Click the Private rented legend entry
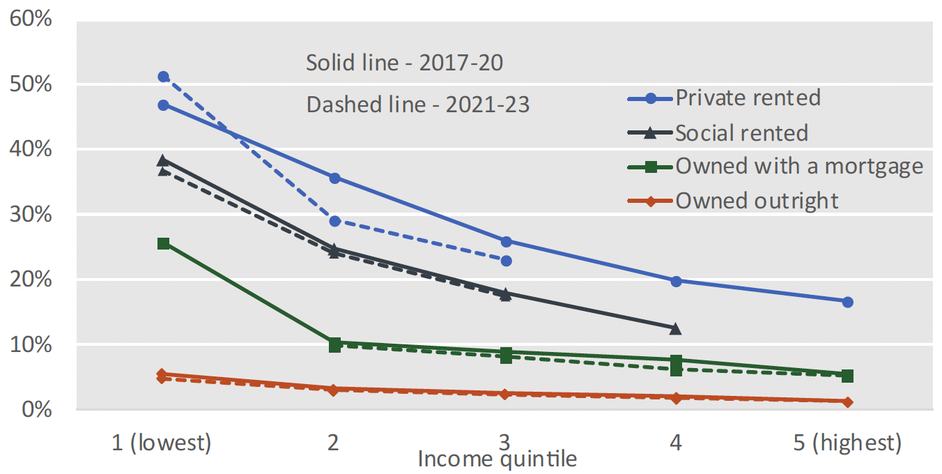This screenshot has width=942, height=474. pyautogui.click(x=748, y=98)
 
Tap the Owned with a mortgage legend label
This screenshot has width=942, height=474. pyautogui.click(x=799, y=166)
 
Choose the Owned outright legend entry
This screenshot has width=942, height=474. pyautogui.click(x=757, y=201)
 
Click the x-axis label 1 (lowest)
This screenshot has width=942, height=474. pyautogui.click(x=162, y=442)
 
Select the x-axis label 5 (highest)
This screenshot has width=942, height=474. pyautogui.click(x=847, y=442)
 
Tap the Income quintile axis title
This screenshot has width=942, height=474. pyautogui.click(x=497, y=459)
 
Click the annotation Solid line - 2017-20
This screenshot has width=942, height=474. pyautogui.click(x=404, y=63)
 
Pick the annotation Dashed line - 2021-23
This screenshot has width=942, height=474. pyautogui.click(x=418, y=105)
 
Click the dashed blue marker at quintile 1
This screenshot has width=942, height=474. pyautogui.click(x=163, y=77)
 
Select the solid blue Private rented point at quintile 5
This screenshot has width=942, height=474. pyautogui.click(x=847, y=302)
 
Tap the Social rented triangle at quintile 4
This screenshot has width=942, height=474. pyautogui.click(x=675, y=328)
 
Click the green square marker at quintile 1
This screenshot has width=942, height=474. pyautogui.click(x=163, y=243)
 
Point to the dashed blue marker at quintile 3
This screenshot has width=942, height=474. pyautogui.click(x=506, y=261)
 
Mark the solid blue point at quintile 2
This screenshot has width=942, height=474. pyautogui.click(x=334, y=178)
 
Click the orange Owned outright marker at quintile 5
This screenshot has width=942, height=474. pyautogui.click(x=847, y=402)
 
